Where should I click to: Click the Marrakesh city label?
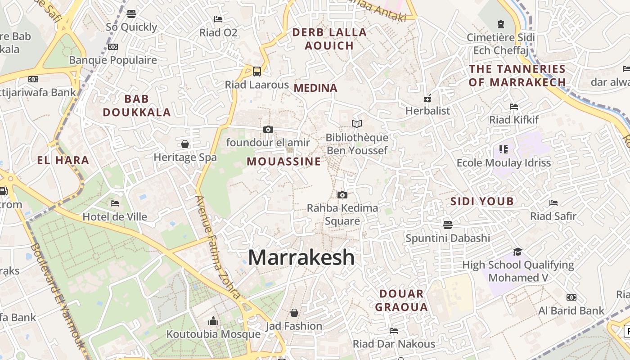coord(301,257)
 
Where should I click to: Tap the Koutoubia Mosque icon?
coord(213,321)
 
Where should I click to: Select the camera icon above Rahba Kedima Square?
coord(342,195)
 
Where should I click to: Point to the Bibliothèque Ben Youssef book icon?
coord(357,124)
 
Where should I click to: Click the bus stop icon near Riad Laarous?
coord(257,71)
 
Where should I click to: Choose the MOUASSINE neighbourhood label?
coord(284,161)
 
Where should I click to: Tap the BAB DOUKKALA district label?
coord(136,105)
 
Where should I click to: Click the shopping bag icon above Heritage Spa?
coord(184,144)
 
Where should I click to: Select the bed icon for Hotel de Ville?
coord(115,203)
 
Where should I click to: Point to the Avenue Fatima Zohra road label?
coord(218,247)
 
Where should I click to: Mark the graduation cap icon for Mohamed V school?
coord(517,252)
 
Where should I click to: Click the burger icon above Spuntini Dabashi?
coord(447,224)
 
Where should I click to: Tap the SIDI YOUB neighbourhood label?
coord(482,201)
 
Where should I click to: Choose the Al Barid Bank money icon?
coord(571,297)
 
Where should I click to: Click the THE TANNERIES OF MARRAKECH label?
coord(517,75)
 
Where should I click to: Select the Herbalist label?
coord(427,111)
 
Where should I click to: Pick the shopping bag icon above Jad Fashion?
coord(294,312)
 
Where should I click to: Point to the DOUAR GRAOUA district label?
coord(401,300)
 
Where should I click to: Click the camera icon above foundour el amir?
coord(268,130)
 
